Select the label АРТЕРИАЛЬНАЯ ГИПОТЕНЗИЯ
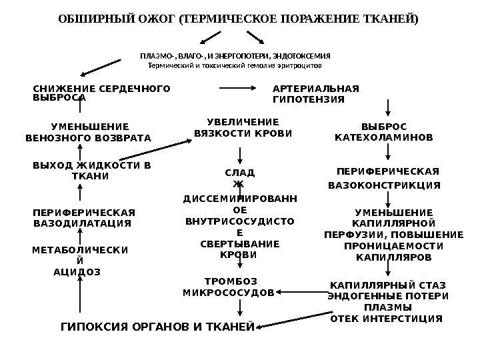click(316, 94)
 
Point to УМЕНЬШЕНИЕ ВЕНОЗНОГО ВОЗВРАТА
click(89, 132)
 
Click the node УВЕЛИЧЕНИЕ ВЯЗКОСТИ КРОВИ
click(243, 127)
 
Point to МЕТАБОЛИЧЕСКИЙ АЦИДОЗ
click(81, 260)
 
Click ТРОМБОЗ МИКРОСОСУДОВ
click(229, 287)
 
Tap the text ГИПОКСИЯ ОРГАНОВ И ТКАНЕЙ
click(158, 327)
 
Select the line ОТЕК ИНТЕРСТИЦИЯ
click(387, 319)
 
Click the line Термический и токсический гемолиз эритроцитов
click(235, 67)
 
